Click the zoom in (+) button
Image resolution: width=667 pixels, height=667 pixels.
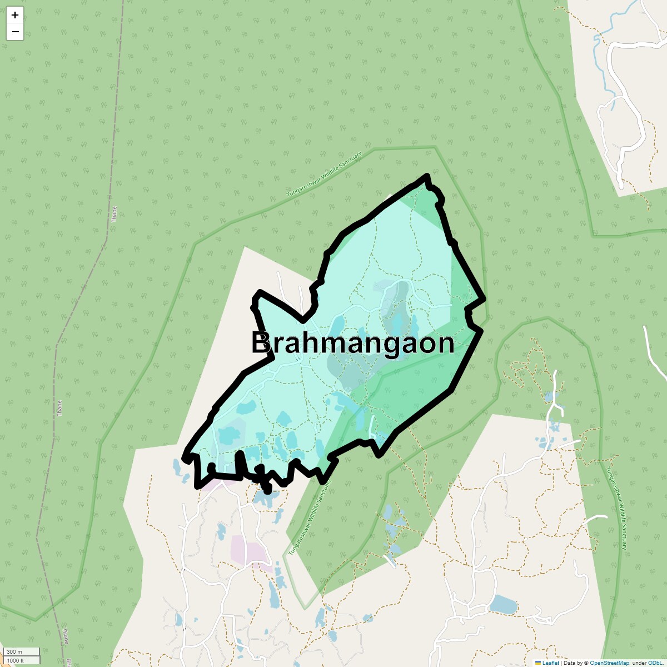click(x=15, y=15)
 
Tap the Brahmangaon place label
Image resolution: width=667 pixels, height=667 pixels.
click(x=353, y=343)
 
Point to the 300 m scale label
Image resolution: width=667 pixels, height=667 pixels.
click(x=15, y=652)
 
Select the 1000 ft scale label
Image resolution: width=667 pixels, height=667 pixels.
click(x=16, y=660)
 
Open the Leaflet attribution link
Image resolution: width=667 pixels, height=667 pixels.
click(x=550, y=663)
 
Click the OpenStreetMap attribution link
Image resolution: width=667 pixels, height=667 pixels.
click(x=609, y=663)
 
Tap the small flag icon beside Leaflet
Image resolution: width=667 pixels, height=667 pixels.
click(x=538, y=663)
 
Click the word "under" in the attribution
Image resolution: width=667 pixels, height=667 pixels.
click(x=639, y=663)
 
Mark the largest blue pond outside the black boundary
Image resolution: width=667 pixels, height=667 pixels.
click(x=503, y=604)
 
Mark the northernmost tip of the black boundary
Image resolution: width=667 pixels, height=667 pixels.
click(x=427, y=176)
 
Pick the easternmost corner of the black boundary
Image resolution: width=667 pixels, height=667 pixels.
click(x=485, y=298)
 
